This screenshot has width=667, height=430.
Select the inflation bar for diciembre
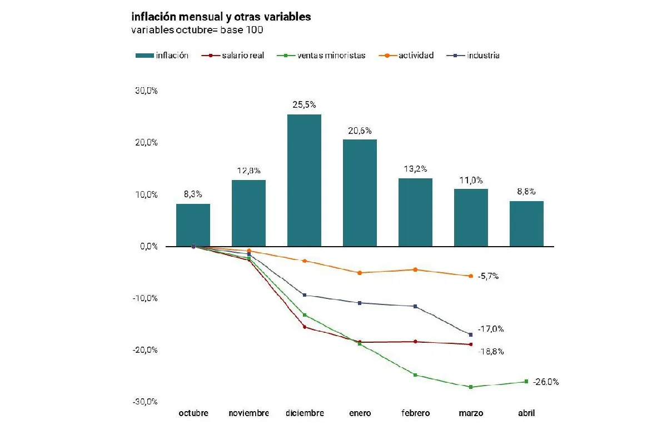304,181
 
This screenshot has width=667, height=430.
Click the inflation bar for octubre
193,225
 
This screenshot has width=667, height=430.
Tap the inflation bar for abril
526,224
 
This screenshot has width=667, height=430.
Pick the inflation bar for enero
360,193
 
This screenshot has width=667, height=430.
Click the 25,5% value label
304,104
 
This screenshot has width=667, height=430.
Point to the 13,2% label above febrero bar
415,169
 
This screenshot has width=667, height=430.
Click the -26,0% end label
546,382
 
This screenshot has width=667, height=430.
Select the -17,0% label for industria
491,329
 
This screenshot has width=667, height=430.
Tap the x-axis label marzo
471,413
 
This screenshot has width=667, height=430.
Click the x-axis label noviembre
248,413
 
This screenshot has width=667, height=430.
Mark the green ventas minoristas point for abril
526,382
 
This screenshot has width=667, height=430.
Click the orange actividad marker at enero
360,273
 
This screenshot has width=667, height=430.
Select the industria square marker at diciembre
304,295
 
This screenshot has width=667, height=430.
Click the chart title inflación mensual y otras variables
221,17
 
